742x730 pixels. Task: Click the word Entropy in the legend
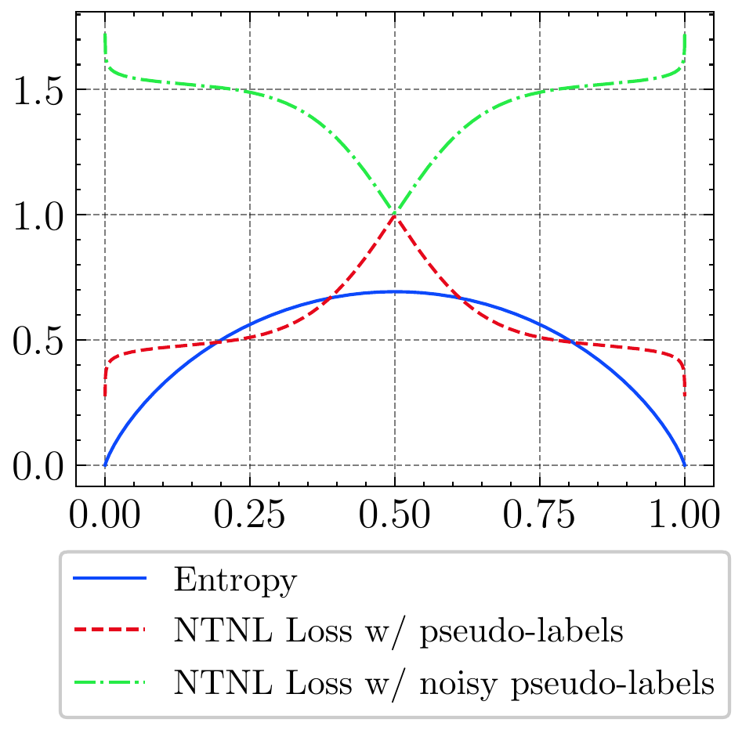(x=236, y=581)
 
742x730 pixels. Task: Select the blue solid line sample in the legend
(x=110, y=580)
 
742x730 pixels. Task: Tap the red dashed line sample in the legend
(x=110, y=631)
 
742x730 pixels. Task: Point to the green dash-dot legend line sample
(x=110, y=682)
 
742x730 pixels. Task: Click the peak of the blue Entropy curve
(x=395, y=291)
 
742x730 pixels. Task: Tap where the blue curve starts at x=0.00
(x=105, y=465)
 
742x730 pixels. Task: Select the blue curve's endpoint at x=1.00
(x=685, y=465)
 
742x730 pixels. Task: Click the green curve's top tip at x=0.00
(x=105, y=34)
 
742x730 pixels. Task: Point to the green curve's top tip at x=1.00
(x=685, y=34)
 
